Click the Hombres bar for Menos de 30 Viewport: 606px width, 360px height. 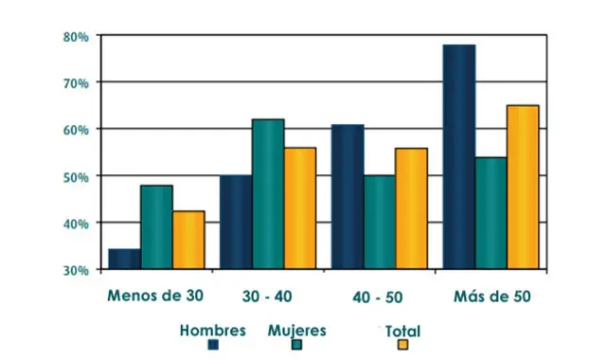pos(124,260)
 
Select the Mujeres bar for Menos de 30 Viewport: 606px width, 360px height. pos(156,227)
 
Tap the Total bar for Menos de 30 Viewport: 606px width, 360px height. pos(188,241)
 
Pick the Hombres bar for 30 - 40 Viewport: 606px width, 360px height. pos(236,223)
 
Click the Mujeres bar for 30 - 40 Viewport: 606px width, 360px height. pos(268,194)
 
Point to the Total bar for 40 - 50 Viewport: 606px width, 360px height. pos(411,208)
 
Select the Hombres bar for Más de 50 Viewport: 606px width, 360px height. pos(458,157)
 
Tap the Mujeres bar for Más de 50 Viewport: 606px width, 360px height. pos(490,213)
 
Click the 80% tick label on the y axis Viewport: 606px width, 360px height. pos(76,37)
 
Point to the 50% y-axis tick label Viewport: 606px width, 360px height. pos(76,177)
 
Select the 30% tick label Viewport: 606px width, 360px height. pos(76,270)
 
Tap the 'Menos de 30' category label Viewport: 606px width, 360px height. pos(155,295)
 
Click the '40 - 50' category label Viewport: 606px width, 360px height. pos(378,296)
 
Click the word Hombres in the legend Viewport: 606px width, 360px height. pos(212,331)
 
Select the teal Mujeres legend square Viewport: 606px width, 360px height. pos(296,345)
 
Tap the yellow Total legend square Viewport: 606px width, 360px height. pos(402,345)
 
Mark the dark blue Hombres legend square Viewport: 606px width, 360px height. pos(214,345)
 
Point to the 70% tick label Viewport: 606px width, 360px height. pos(76,83)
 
